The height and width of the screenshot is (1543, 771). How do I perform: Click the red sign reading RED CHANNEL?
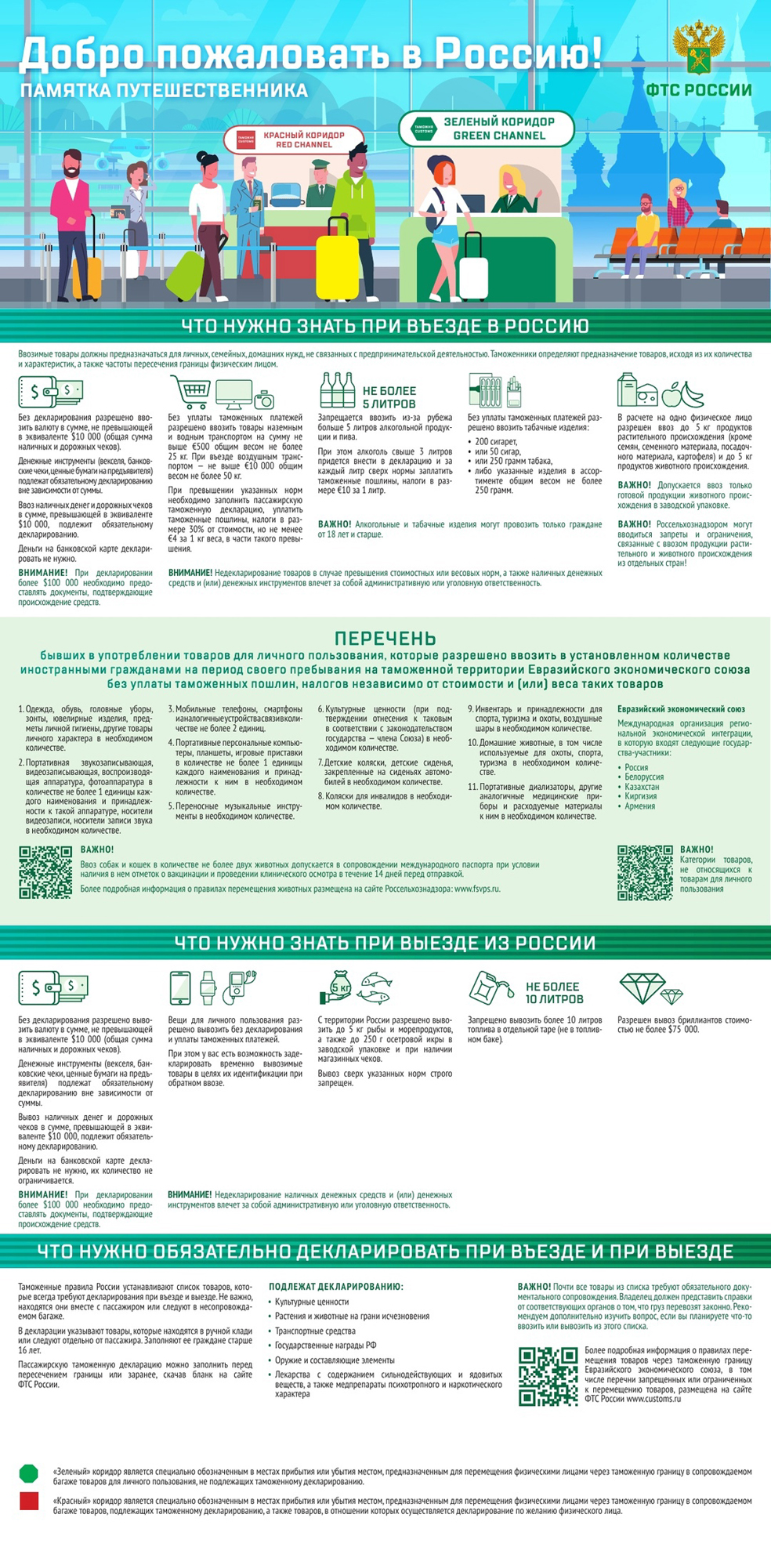[x=294, y=139]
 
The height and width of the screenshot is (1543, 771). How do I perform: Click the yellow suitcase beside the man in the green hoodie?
[x=337, y=259]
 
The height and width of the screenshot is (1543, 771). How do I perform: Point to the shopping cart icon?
[x=190, y=389]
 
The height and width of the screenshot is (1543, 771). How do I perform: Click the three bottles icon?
[x=338, y=389]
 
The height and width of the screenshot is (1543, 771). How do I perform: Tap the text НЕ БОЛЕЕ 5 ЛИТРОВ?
[x=389, y=397]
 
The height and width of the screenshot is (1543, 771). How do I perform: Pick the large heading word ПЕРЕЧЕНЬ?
[x=385, y=638]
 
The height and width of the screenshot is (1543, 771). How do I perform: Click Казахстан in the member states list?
[x=642, y=787]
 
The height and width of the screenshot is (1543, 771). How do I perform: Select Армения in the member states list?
[x=640, y=806]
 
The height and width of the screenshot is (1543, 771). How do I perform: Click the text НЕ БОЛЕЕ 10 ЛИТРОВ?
[x=554, y=993]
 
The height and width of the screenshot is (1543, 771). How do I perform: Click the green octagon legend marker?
[x=29, y=1473]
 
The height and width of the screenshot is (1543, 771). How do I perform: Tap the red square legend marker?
[x=29, y=1501]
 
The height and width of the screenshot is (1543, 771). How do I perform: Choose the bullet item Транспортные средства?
[x=315, y=1331]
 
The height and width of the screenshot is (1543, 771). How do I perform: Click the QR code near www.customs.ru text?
[x=548, y=1376]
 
